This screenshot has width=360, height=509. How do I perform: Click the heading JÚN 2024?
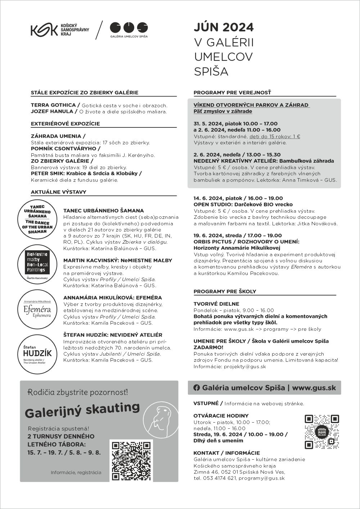pyautogui.click(x=224, y=27)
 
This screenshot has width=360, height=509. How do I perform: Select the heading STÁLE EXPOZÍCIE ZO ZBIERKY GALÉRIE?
pyautogui.click(x=85, y=93)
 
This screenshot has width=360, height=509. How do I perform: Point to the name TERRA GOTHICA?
pyautogui.click(x=53, y=105)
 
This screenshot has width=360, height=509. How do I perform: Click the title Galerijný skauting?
pyautogui.click(x=82, y=410)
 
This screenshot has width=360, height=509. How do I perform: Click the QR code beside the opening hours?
pyautogui.click(x=322, y=432)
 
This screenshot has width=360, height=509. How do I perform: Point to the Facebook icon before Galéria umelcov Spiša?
pyautogui.click(x=197, y=388)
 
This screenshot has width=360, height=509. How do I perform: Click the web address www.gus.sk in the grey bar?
pyautogui.click(x=314, y=388)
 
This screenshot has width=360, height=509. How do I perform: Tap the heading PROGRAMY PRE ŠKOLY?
pyautogui.click(x=225, y=291)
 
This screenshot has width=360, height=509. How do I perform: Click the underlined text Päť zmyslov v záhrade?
pyautogui.click(x=218, y=111)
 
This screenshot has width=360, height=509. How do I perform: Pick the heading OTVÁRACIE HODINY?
pyautogui.click(x=221, y=416)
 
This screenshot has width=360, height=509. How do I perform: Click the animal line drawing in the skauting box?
pyautogui.click(x=163, y=420)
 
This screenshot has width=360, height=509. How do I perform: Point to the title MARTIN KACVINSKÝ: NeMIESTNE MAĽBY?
pyautogui.click(x=118, y=260)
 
